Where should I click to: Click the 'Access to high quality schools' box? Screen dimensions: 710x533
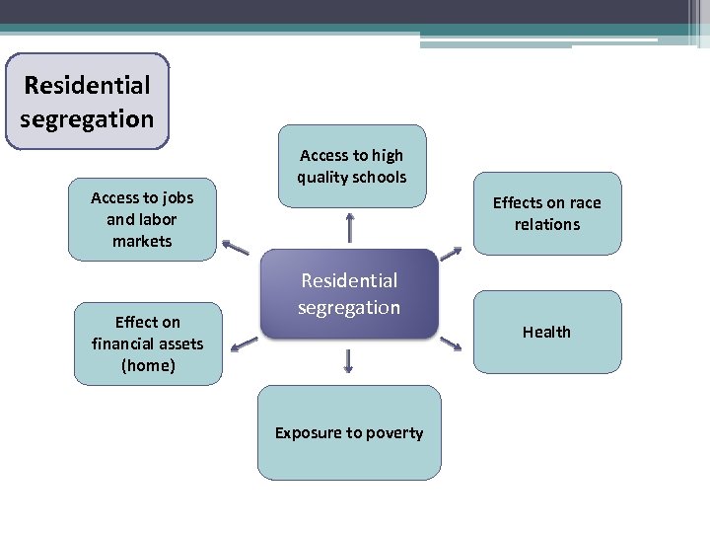[351, 166]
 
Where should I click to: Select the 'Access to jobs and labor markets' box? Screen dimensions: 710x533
[142, 219]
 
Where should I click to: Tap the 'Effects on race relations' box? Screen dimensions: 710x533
[547, 213]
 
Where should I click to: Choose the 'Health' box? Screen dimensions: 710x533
[547, 332]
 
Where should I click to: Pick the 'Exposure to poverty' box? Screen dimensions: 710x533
[349, 432]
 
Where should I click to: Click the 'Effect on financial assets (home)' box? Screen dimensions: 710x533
[147, 343]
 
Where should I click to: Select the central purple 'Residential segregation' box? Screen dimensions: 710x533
[349, 294]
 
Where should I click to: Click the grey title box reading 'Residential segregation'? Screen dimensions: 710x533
[87, 102]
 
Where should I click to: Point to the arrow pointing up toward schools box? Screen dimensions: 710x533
[350, 228]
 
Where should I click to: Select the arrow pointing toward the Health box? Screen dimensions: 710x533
[451, 343]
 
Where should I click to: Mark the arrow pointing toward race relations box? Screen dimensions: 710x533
[450, 254]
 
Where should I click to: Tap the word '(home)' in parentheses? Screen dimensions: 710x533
[148, 365]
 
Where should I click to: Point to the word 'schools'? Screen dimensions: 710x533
[379, 178]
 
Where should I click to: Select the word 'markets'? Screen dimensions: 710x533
[142, 241]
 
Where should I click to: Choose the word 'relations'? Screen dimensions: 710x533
[547, 225]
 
